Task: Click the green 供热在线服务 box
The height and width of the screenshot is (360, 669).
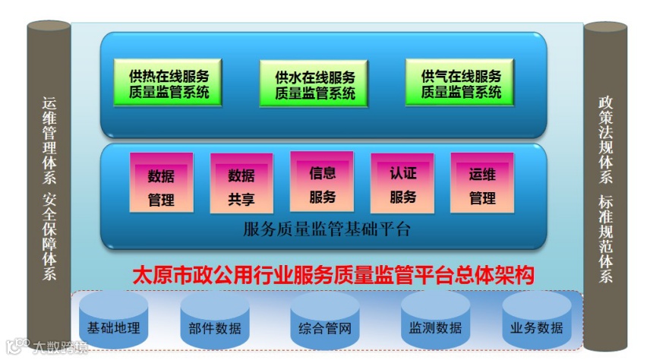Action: click(x=169, y=84)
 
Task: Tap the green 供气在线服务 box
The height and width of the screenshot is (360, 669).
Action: click(x=461, y=84)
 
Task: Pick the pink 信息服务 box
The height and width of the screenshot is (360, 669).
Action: click(x=322, y=185)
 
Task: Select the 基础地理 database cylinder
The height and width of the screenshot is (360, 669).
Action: click(x=113, y=324)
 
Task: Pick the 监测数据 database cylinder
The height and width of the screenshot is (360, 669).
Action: click(x=435, y=324)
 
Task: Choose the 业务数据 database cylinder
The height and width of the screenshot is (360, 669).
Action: click(x=537, y=324)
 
